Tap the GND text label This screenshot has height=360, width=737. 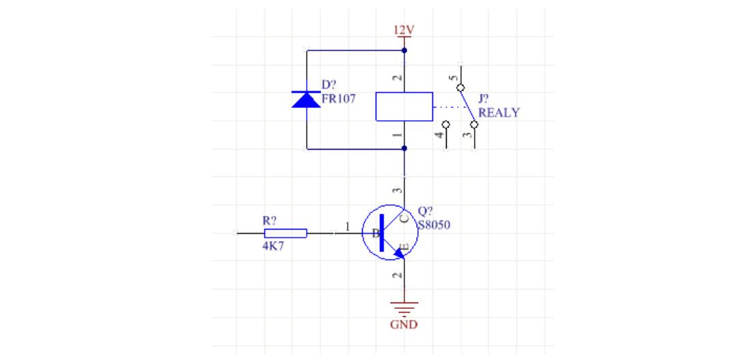coord(404,324)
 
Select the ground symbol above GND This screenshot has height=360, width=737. coord(404,307)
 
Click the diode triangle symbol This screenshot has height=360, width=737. coord(307,100)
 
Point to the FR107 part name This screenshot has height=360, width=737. coord(339,97)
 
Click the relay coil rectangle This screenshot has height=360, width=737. coord(404,107)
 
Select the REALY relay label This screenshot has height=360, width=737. coord(499,113)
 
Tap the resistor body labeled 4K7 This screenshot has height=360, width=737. coord(285,233)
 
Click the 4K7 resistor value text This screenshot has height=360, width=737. coord(273,246)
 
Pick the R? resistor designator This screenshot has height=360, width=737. coord(270,221)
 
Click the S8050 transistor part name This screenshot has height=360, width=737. coord(434,223)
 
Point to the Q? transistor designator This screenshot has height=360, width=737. coord(425,211)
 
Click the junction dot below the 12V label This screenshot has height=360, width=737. coord(404,51)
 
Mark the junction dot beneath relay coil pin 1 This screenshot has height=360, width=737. coord(404,148)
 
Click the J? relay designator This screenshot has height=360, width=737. coord(484,100)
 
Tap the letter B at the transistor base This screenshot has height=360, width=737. coord(374,234)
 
